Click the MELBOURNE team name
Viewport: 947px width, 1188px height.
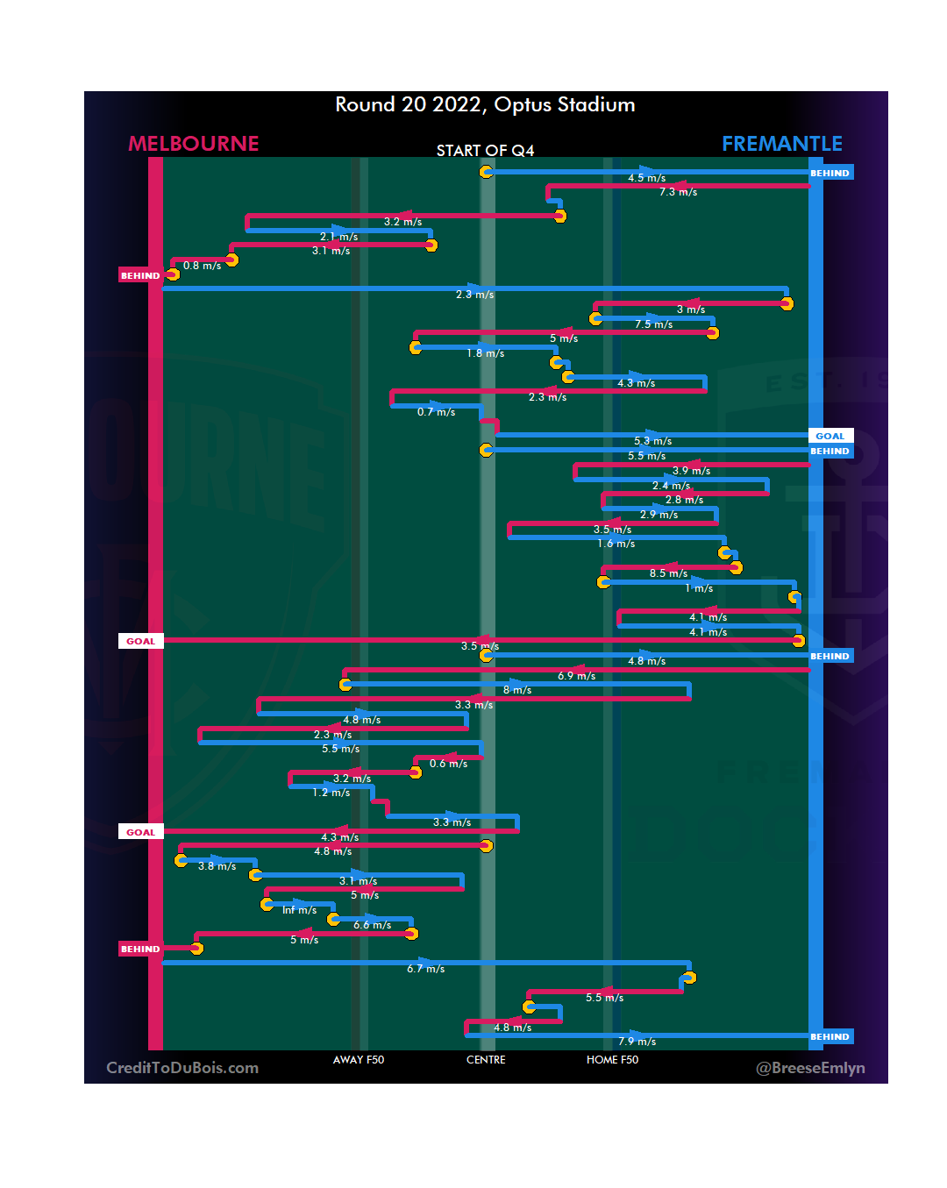(194, 144)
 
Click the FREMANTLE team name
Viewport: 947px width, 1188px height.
(782, 144)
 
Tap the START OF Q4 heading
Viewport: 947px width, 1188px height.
(485, 151)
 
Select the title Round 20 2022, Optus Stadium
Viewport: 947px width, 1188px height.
(485, 104)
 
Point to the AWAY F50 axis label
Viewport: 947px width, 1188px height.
(359, 1060)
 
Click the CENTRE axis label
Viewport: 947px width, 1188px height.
(486, 1060)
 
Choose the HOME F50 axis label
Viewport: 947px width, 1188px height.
(612, 1060)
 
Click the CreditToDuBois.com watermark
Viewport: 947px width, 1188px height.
(182, 1068)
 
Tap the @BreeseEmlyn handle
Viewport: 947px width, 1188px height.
(810, 1068)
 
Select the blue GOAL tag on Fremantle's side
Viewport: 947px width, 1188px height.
(830, 436)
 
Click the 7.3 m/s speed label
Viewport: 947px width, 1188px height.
(678, 192)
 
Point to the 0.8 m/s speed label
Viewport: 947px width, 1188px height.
(202, 266)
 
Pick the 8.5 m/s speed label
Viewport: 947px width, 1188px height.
(668, 573)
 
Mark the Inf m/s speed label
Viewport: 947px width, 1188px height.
(299, 910)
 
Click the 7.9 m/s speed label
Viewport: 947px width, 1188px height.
(637, 1042)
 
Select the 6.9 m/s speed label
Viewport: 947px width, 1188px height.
(576, 676)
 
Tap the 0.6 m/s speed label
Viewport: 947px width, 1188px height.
(448, 764)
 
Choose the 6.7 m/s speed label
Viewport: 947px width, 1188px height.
(425, 969)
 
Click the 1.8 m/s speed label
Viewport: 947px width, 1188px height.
(485, 353)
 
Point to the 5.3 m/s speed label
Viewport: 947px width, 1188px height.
(652, 441)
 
